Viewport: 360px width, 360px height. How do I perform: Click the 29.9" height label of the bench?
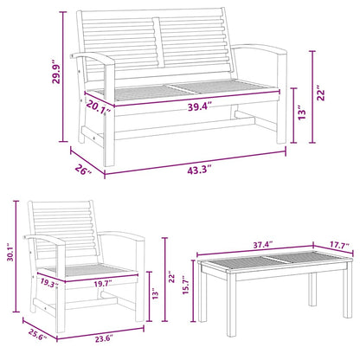tap(56, 71)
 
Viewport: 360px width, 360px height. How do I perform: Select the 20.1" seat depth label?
tap(99, 107)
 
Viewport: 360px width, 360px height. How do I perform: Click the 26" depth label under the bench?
tap(84, 170)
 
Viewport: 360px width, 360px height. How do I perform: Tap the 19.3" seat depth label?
tap(49, 282)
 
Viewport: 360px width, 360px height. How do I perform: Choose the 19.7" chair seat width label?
tap(103, 284)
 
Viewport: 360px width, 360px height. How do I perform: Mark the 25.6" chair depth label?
tap(37, 335)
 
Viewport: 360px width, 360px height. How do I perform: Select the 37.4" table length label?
tap(263, 245)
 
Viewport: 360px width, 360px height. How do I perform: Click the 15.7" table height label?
tap(186, 285)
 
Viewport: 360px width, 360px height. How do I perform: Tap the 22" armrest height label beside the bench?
tap(321, 93)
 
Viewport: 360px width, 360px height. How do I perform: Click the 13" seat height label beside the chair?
tap(156, 293)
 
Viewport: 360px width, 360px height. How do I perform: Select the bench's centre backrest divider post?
tap(157, 42)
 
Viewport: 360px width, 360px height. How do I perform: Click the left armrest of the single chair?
tap(46, 239)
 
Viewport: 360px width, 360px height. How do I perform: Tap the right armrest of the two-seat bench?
tap(260, 49)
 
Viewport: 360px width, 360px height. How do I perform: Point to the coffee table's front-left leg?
tap(231, 305)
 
